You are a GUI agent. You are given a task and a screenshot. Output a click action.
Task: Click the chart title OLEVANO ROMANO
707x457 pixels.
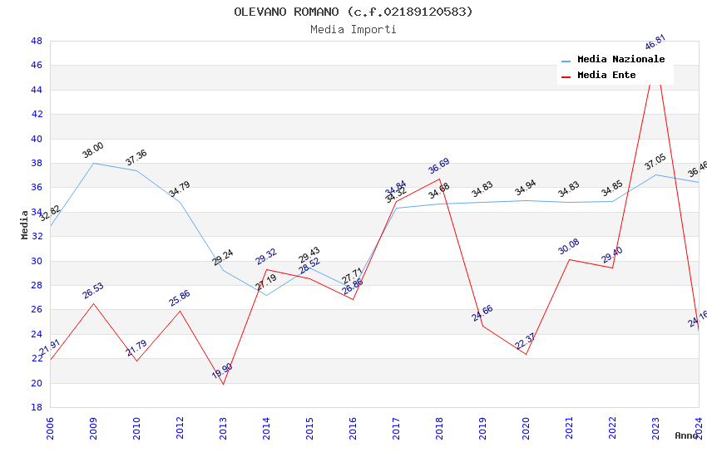pos(353,12)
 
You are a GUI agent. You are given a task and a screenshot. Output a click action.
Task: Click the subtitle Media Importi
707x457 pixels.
pos(353,29)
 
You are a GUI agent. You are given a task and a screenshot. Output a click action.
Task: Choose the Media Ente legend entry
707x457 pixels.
pos(606,76)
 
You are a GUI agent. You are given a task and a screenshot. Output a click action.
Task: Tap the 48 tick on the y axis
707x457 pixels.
pos(36,41)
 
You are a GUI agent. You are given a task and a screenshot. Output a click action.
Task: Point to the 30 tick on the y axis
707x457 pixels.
pos(36,261)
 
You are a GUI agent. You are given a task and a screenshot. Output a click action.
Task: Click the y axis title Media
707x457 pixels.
pos(25,224)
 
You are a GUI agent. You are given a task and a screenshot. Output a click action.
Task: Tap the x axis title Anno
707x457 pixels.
pos(686,435)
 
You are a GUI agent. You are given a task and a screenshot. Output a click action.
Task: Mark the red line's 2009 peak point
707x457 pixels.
pos(93,303)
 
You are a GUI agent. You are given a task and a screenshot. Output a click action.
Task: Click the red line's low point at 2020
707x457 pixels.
pos(526,354)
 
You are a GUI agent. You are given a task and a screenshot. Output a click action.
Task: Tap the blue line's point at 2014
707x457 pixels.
pos(266,295)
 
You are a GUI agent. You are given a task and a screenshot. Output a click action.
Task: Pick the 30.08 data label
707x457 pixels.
pos(569,247)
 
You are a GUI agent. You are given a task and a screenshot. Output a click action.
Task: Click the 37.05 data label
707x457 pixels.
pos(655,161)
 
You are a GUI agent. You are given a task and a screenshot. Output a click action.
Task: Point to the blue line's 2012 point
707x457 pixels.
pos(180,202)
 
